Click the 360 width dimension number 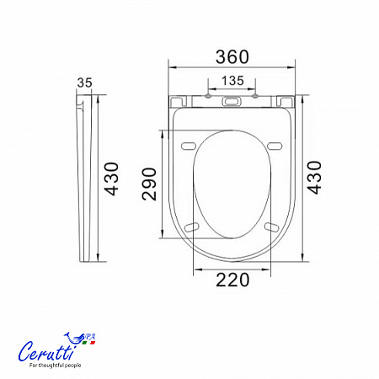(232, 56)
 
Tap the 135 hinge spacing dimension (232, 81)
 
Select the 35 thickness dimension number (84, 83)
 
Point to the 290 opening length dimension (149, 184)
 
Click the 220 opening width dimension (232, 280)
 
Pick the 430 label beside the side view (111, 179)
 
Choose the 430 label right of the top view (314, 178)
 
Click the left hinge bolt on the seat (208, 96)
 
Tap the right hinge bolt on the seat (255, 96)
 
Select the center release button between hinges (232, 101)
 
